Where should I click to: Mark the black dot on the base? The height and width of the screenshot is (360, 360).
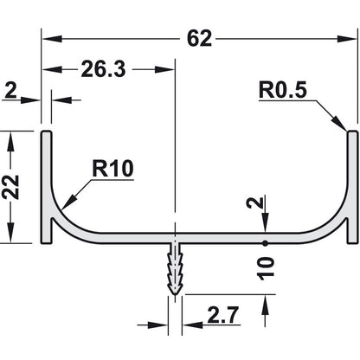(266, 242)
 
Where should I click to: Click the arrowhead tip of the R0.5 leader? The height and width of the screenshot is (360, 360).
(347, 131)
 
